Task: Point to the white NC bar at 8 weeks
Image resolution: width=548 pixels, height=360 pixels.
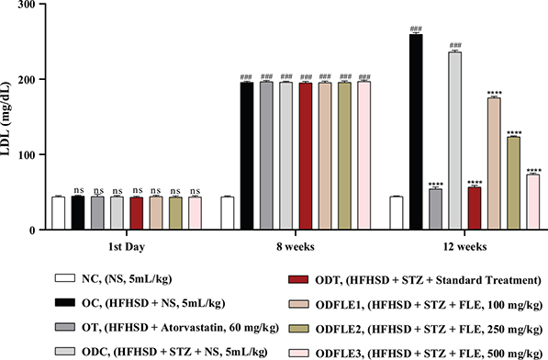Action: pos(228,213)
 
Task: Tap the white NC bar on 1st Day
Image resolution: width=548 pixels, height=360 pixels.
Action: pos(58,213)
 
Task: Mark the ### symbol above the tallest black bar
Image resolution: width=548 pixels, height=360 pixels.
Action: pos(416,28)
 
